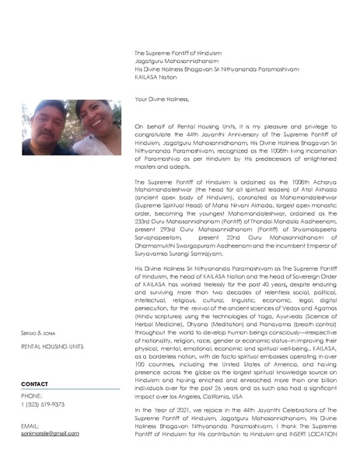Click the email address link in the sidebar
click(x=50, y=433)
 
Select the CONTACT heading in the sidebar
click(x=35, y=384)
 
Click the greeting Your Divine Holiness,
click(x=162, y=100)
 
